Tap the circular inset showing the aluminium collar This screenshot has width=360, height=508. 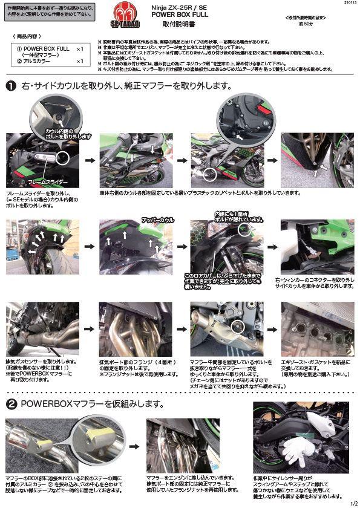click(x=91, y=433)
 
